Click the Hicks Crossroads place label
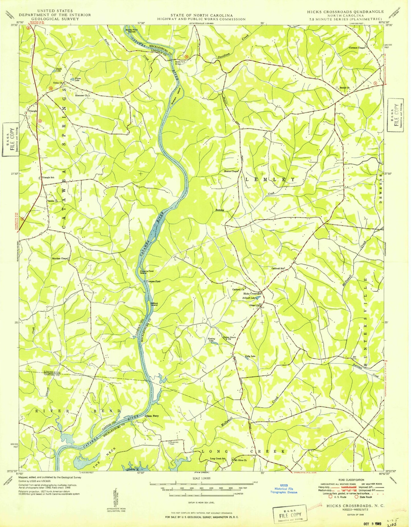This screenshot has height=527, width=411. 252,294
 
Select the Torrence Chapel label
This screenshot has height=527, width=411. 357,48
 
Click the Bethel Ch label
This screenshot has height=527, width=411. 345,88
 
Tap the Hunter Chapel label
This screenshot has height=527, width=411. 231,171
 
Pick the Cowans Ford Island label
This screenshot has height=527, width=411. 146,272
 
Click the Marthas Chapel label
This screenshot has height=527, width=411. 60,259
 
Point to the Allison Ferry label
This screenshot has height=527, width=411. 152,416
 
